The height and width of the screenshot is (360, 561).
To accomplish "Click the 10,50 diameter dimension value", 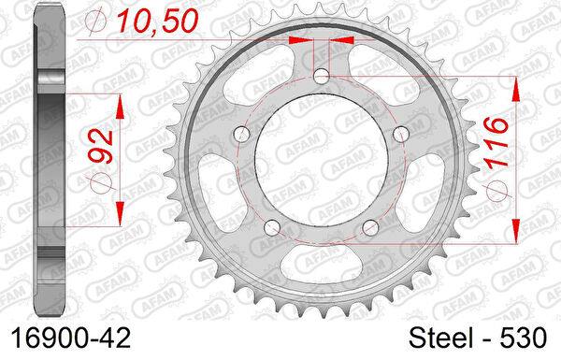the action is coord(158,22).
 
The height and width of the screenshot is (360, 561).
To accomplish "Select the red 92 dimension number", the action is coord(100,147).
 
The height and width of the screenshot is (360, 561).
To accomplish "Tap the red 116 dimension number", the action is coord(496,143).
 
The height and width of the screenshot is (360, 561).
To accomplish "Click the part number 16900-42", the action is coord(71,338).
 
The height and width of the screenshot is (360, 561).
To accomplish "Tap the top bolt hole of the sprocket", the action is coord(322,77).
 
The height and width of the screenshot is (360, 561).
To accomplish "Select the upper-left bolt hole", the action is coord(242,135).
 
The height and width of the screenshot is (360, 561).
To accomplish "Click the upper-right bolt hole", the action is coord(401,135).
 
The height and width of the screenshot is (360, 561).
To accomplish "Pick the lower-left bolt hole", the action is coord(272,227).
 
